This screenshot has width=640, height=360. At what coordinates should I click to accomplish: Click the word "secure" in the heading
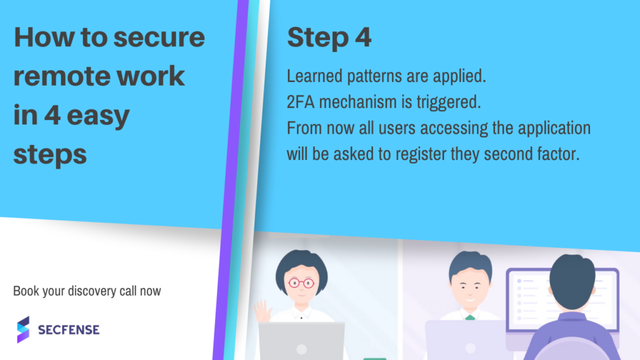(159, 37)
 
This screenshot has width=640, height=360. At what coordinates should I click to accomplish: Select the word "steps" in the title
(50, 155)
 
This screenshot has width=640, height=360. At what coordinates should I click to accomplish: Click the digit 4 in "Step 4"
(363, 37)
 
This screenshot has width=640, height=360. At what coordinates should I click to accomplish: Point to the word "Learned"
(314, 76)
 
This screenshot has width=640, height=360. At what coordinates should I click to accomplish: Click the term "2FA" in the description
(301, 102)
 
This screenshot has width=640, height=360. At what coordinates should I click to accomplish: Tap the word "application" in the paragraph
(554, 129)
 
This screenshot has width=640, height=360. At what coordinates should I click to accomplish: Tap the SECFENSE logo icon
(23, 329)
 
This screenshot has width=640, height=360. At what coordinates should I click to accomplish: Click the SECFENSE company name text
(69, 330)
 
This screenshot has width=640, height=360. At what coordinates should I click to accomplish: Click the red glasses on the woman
(302, 282)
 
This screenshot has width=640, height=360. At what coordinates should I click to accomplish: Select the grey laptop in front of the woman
(302, 341)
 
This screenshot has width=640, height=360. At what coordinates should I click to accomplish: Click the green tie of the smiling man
(470, 317)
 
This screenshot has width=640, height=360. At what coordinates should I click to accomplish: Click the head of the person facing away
(572, 282)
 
